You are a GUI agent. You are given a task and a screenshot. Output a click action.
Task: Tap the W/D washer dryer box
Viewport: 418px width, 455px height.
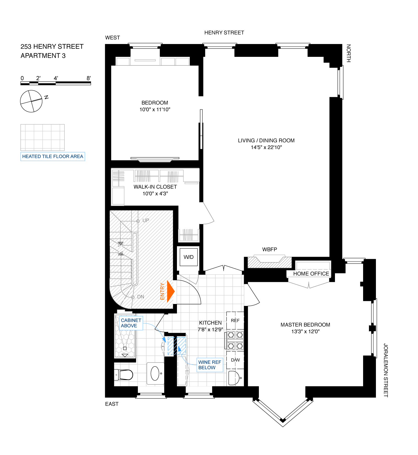click(x=189, y=257)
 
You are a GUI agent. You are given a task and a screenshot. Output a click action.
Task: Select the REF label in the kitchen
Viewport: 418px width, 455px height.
click(x=235, y=320)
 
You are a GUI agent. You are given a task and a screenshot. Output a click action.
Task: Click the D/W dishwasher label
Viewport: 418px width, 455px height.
click(x=235, y=360)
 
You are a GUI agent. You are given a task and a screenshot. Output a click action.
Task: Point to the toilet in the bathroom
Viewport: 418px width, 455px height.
click(x=124, y=374)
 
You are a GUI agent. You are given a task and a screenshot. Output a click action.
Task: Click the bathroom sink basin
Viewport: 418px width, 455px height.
click(x=155, y=373)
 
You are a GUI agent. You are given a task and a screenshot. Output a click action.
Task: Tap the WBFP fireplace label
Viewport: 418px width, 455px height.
click(x=269, y=249)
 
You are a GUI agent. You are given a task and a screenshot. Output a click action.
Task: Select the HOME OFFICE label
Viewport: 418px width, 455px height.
click(x=311, y=274)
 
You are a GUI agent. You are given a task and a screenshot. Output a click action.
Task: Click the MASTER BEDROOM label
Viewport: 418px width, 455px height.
click(x=305, y=325)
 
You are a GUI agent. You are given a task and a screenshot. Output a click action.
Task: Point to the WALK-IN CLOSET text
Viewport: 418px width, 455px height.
click(x=155, y=187)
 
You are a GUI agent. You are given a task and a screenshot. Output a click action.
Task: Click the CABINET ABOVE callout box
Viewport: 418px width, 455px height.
click(x=131, y=323)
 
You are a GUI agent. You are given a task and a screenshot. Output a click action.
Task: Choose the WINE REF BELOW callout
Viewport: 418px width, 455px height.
click(x=210, y=365)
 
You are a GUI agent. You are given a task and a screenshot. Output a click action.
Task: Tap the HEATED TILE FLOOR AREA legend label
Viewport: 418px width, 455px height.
click(x=53, y=156)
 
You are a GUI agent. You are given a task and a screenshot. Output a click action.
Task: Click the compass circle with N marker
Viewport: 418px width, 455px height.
click(x=31, y=101)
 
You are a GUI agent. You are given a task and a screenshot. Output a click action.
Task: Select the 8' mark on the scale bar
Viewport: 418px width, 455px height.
click(x=89, y=78)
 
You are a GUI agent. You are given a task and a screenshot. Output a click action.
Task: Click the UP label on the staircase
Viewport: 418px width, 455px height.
click(x=146, y=220)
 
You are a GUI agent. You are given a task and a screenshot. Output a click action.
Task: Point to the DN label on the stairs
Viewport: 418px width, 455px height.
click(x=141, y=297)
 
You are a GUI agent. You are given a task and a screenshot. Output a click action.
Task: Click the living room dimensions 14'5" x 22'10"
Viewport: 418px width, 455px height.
click(x=266, y=147)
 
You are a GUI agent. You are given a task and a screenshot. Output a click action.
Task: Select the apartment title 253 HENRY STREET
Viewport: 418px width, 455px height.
click(x=52, y=47)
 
